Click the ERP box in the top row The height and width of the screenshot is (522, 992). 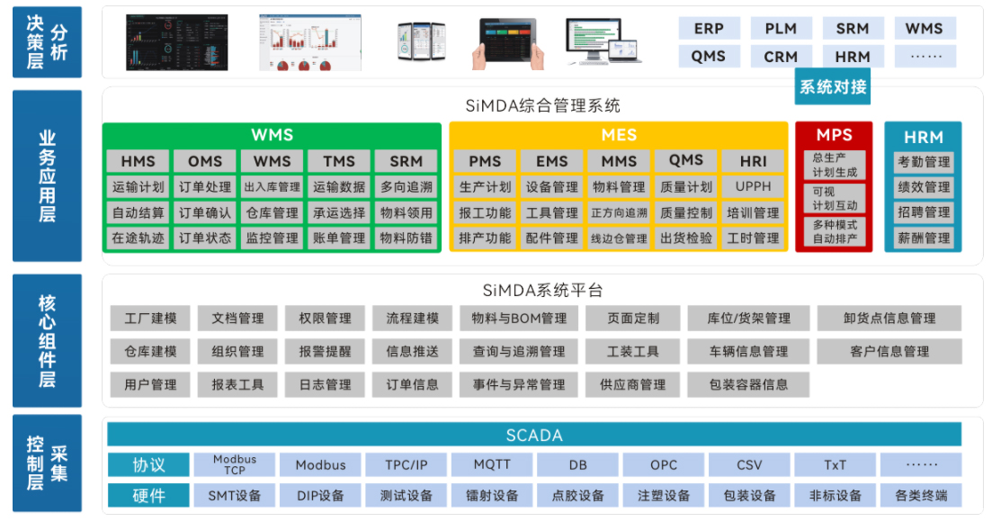pyautogui.click(x=709, y=28)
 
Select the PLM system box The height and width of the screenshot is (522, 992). pyautogui.click(x=781, y=28)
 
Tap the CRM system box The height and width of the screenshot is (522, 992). pyautogui.click(x=781, y=56)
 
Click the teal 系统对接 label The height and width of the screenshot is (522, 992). pyautogui.click(x=833, y=87)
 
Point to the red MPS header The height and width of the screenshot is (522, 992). pyautogui.click(x=834, y=135)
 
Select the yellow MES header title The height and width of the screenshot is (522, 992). pyautogui.click(x=619, y=135)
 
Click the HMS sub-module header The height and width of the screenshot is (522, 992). pyautogui.click(x=138, y=161)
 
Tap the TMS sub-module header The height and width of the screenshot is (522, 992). pyautogui.click(x=339, y=161)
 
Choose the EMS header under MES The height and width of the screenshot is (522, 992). pyautogui.click(x=552, y=161)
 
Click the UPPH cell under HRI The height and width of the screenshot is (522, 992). pyautogui.click(x=754, y=187)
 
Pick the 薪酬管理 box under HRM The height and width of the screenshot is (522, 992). pyautogui.click(x=924, y=238)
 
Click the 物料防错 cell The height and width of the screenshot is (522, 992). pyautogui.click(x=407, y=238)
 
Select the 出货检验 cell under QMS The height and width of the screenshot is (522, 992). pyautogui.click(x=686, y=238)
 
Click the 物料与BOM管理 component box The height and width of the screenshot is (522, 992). pyautogui.click(x=519, y=318)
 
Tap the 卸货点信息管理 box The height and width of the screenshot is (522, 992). pyautogui.click(x=889, y=318)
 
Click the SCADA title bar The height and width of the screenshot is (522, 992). pyautogui.click(x=534, y=435)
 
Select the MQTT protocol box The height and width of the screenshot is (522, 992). pyautogui.click(x=492, y=465)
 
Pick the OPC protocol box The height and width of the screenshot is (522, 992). pyautogui.click(x=664, y=465)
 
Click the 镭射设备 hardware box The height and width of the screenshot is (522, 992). pyautogui.click(x=492, y=495)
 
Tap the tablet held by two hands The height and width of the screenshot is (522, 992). pyautogui.click(x=508, y=40)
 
